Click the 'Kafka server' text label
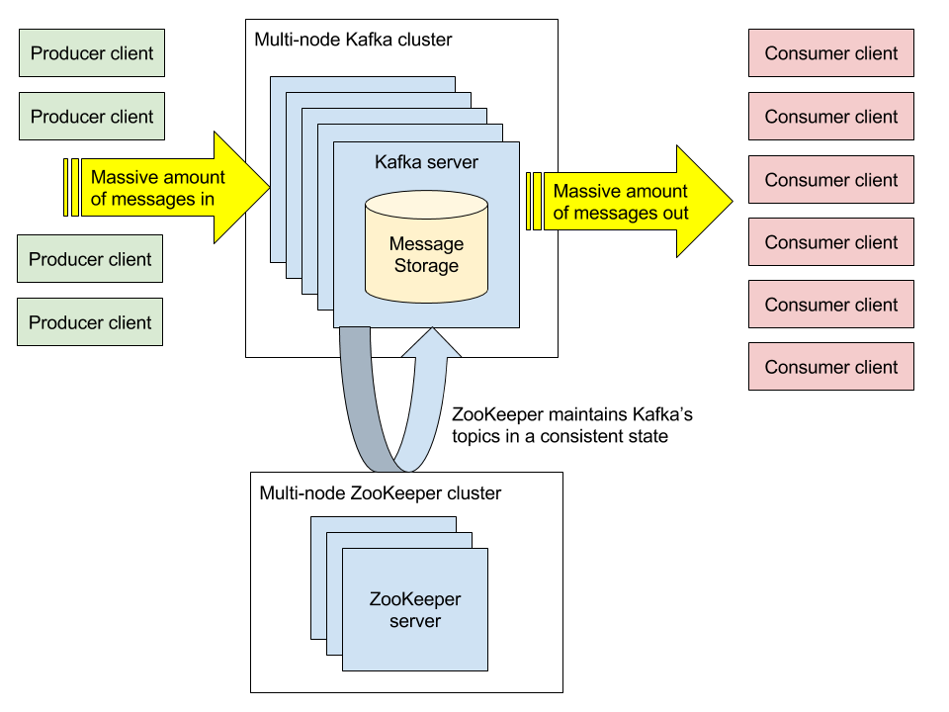[426, 161]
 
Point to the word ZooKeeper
[415, 599]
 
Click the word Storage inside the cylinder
[426, 265]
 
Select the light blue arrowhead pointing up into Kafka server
[431, 342]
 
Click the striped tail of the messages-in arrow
[71, 187]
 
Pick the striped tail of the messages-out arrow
[535, 201]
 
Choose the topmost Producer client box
[92, 53]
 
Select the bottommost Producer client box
[90, 322]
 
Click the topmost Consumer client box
[831, 53]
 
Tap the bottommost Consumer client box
[831, 367]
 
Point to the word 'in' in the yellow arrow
[206, 199]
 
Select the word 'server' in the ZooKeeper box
[415, 621]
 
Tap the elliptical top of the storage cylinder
[426, 206]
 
